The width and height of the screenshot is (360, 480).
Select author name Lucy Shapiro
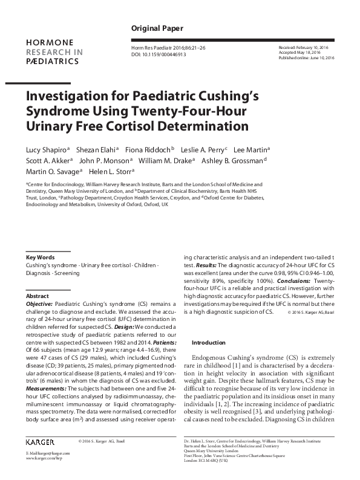[x=46, y=149]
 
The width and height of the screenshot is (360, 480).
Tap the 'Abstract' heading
[x=37, y=296]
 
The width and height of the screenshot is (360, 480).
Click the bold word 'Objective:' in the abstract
[x=40, y=304]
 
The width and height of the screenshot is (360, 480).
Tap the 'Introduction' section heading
[x=208, y=343]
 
